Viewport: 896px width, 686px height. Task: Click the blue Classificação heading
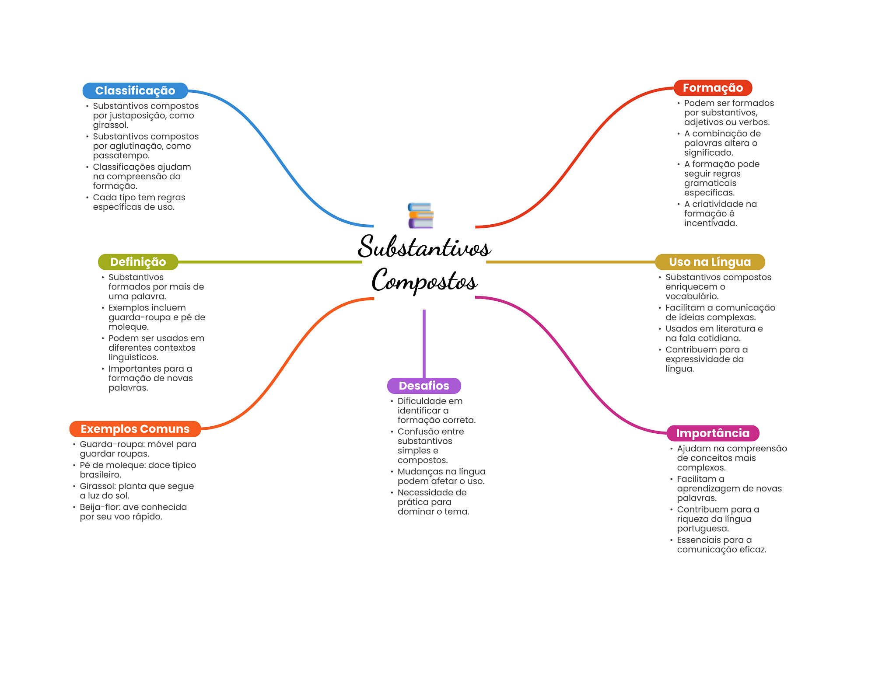pos(135,91)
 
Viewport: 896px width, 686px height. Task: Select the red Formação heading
pos(712,88)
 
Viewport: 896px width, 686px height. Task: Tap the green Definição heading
pos(138,262)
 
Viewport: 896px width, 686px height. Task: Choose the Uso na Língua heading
pos(709,262)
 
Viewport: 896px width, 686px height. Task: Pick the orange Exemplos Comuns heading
pos(135,429)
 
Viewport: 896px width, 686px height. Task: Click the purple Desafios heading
pos(423,386)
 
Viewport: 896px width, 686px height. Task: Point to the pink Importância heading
pos(712,433)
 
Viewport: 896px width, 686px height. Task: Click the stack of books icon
pos(420,216)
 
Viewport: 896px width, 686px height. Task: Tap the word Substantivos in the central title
pos(424,247)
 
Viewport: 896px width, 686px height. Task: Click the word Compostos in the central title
pos(424,280)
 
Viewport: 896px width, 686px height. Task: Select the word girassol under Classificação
pos(110,125)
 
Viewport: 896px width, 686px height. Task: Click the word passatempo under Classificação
pos(121,156)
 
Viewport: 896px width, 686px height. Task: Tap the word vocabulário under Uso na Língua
pos(692,296)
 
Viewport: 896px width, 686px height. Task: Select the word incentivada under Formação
pos(710,223)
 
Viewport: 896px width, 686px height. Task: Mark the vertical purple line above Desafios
pos(424,343)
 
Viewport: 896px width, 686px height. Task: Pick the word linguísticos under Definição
pos(133,358)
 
